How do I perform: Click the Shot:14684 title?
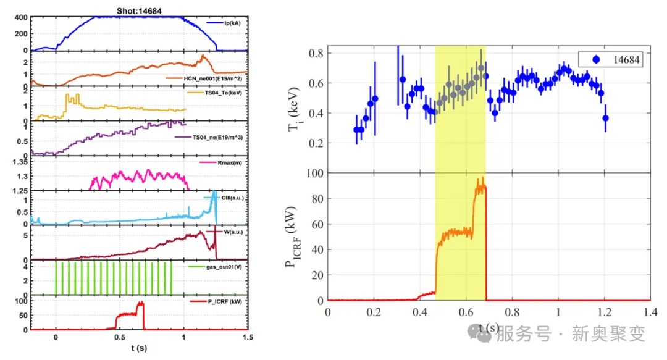pyautogui.click(x=138, y=10)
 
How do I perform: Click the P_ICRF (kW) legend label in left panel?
pyautogui.click(x=224, y=302)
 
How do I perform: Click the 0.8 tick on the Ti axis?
pyautogui.click(x=317, y=53)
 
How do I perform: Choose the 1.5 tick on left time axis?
pyautogui.click(x=248, y=338)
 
